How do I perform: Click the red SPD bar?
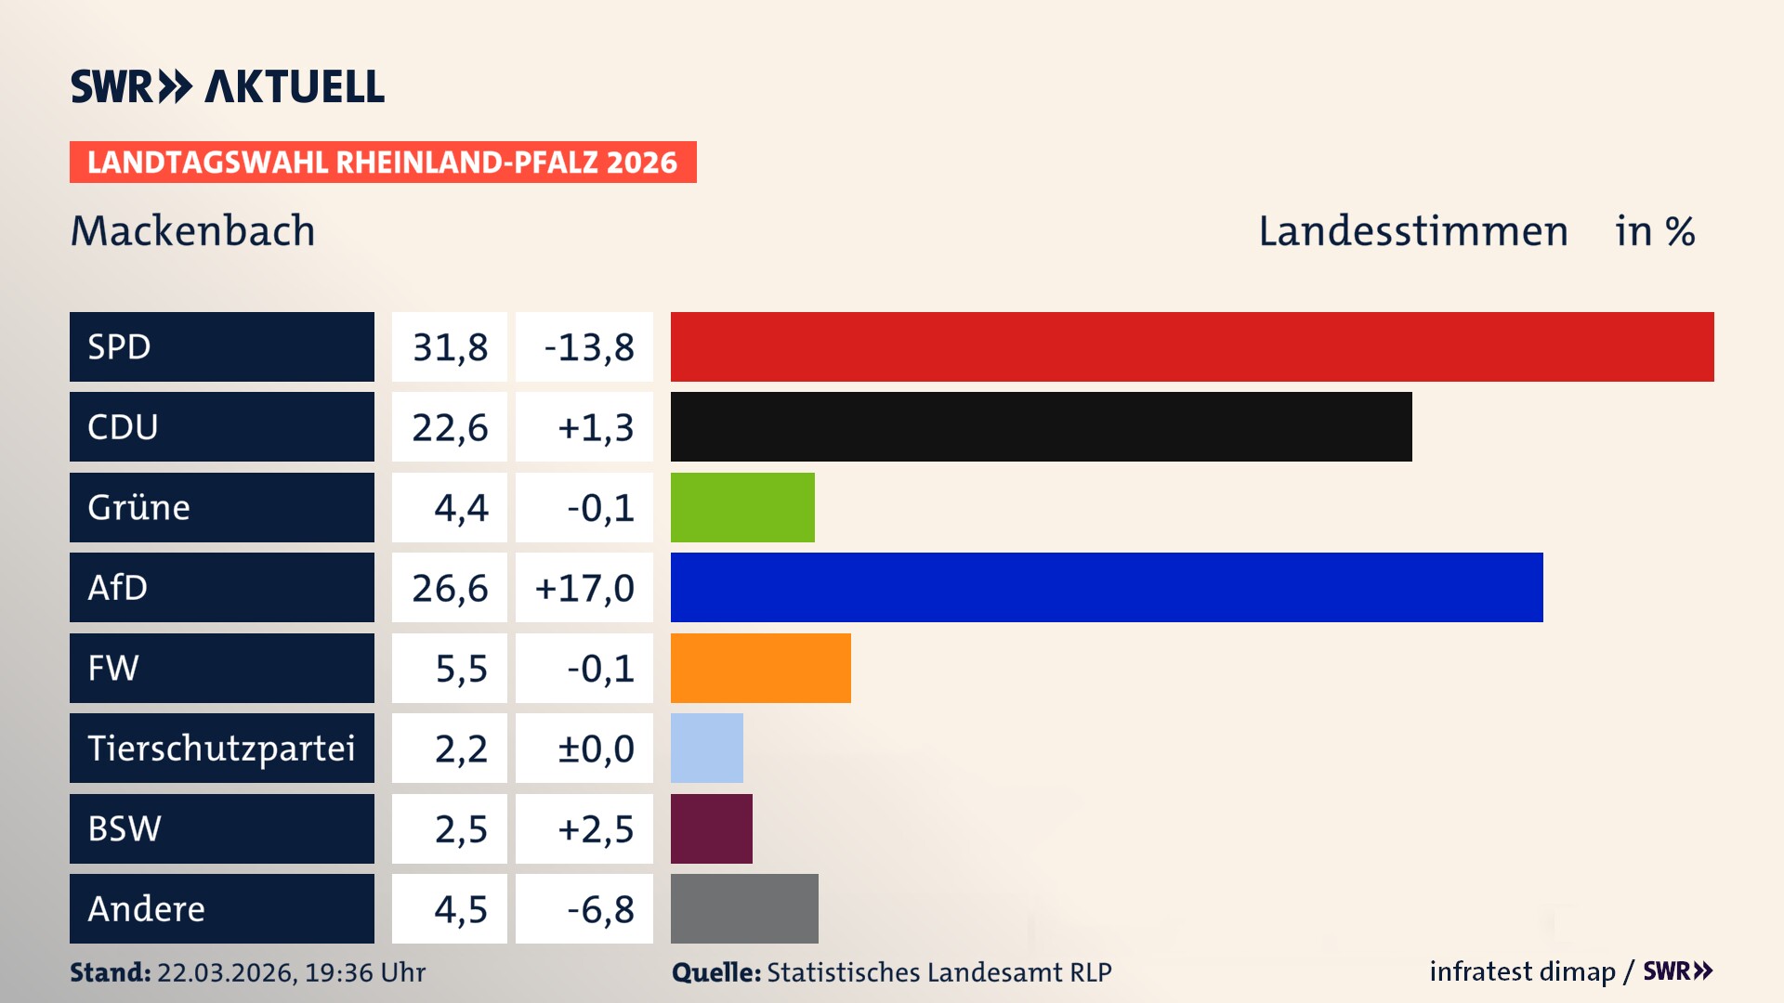[1192, 346]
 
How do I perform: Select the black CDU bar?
[1041, 426]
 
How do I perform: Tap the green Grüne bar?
[742, 507]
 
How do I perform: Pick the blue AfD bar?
[1107, 587]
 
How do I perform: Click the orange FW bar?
[760, 668]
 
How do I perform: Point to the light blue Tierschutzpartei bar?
[706, 748]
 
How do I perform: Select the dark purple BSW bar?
[711, 828]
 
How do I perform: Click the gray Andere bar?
[744, 908]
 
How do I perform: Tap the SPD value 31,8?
[450, 347]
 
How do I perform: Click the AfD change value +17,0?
[584, 588]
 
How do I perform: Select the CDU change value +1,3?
[595, 427]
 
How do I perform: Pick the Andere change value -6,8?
[600, 909]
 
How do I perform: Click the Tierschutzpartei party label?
[221, 748]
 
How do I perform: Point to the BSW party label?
[125, 828]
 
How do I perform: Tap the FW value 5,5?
[461, 669]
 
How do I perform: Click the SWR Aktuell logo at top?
[228, 86]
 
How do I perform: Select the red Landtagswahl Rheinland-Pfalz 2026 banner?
[383, 163]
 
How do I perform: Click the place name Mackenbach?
[193, 230]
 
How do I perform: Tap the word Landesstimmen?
[1412, 231]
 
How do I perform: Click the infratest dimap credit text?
[1521, 971]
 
